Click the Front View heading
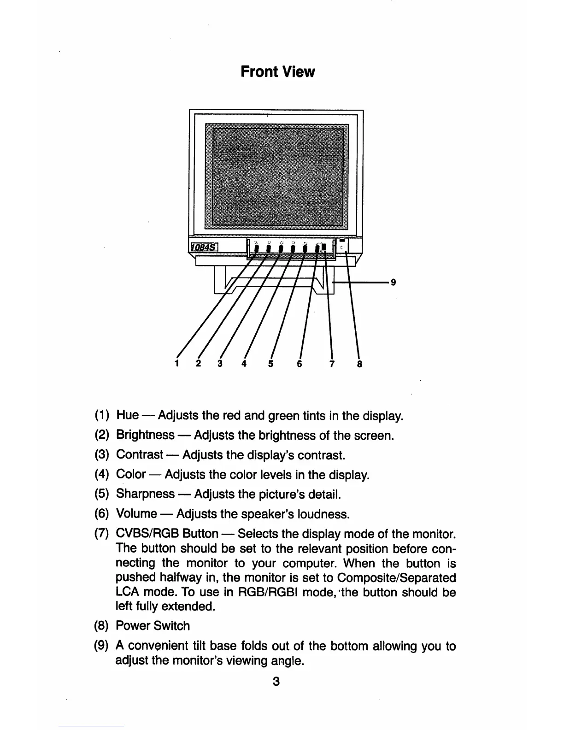pos(278,72)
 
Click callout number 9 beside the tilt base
pos(393,282)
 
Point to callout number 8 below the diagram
pos(360,364)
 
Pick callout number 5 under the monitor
pos(270,364)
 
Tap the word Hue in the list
pos(127,415)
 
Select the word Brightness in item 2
pos(145,435)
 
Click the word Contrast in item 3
pos(140,455)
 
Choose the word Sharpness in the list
pos(145,494)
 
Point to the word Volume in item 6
pos(136,513)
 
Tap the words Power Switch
pos(153,626)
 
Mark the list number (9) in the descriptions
pos(101,646)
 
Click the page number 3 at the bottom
pos(276,681)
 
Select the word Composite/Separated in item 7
pos(397,578)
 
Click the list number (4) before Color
pos(101,474)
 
